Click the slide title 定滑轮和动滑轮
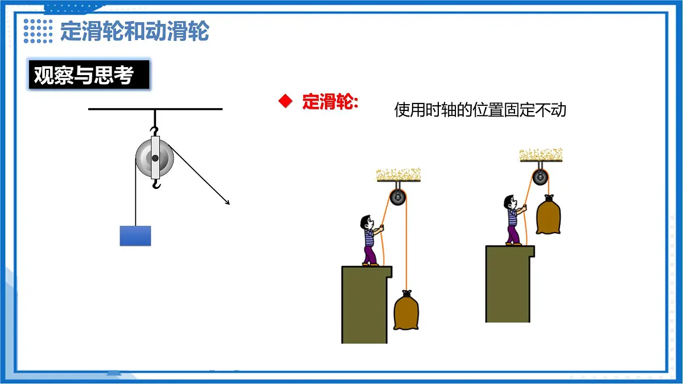[134, 31]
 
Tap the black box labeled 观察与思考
[89, 75]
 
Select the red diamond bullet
[285, 101]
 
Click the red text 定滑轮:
[330, 101]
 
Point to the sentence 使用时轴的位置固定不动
[480, 110]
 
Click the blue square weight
[135, 236]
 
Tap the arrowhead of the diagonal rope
[227, 203]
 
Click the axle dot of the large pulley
[155, 158]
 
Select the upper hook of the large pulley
[155, 131]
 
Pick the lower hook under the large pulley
[156, 184]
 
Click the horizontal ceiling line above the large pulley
[155, 109]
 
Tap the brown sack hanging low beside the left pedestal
[406, 310]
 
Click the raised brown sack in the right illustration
[548, 214]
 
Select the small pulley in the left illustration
[398, 197]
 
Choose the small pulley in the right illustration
[540, 177]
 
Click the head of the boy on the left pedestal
[367, 222]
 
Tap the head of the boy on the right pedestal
[510, 202]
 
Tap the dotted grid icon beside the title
[38, 31]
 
